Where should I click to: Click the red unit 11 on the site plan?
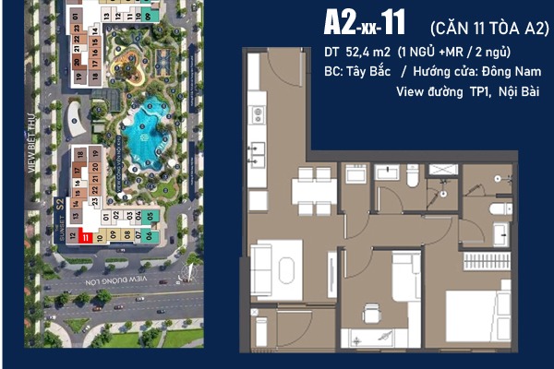pos(85,236)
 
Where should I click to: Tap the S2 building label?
pos(61,205)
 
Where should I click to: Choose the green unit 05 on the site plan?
pos(151,218)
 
